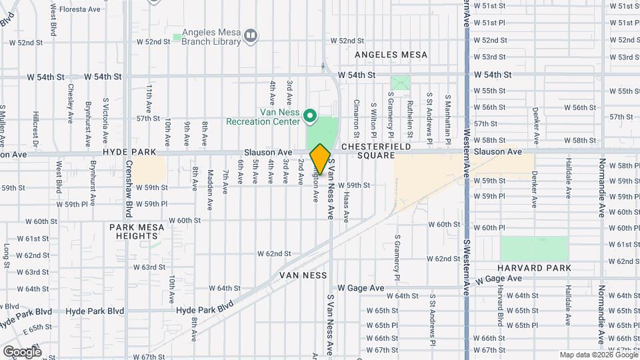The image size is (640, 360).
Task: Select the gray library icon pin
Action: click(251, 35)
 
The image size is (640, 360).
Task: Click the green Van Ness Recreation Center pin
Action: click(309, 117)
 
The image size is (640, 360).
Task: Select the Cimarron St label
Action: click(357, 114)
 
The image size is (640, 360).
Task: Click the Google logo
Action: click(22, 351)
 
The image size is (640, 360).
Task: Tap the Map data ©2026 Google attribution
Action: click(598, 355)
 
